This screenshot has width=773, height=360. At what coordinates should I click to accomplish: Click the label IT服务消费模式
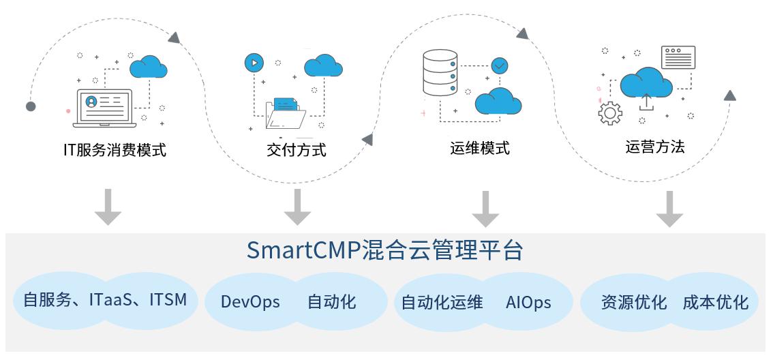click(115, 149)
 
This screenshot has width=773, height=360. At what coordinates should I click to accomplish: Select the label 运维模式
click(480, 148)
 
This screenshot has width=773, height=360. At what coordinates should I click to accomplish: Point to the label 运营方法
click(655, 147)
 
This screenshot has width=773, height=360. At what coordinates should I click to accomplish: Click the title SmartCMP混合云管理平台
click(384, 250)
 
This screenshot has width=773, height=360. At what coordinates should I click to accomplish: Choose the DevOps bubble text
click(250, 302)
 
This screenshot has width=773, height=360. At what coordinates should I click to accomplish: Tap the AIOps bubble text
click(528, 302)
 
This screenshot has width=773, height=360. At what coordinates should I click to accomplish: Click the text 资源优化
click(634, 302)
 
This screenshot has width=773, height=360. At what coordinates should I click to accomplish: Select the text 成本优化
click(716, 302)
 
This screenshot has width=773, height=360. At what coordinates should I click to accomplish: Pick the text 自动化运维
click(442, 302)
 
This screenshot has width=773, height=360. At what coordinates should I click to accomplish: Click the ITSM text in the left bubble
click(168, 299)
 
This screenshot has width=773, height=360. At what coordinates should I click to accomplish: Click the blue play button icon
click(254, 63)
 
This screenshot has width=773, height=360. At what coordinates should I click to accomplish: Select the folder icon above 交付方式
click(286, 113)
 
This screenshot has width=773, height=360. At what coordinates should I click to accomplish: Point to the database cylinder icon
click(440, 72)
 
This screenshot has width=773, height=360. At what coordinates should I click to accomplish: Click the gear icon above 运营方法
click(610, 113)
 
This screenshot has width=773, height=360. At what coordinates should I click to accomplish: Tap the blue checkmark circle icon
click(500, 65)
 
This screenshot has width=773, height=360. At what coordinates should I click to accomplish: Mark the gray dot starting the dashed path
click(31, 106)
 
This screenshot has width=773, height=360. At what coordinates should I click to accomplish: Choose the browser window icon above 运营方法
click(678, 57)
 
